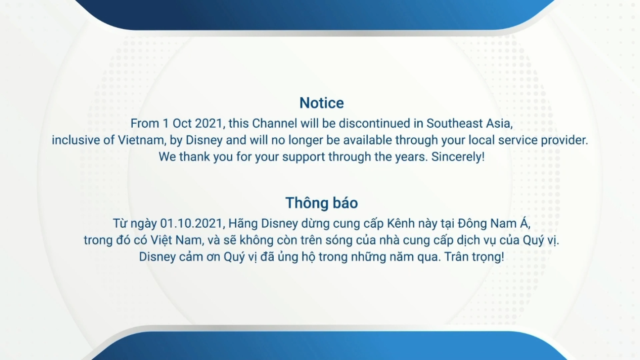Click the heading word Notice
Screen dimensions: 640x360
tap(321, 103)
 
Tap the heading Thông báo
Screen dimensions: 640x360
tap(321, 202)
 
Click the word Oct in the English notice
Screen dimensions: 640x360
tap(182, 123)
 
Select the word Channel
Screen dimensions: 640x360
tap(275, 123)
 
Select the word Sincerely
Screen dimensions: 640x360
tap(458, 157)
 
